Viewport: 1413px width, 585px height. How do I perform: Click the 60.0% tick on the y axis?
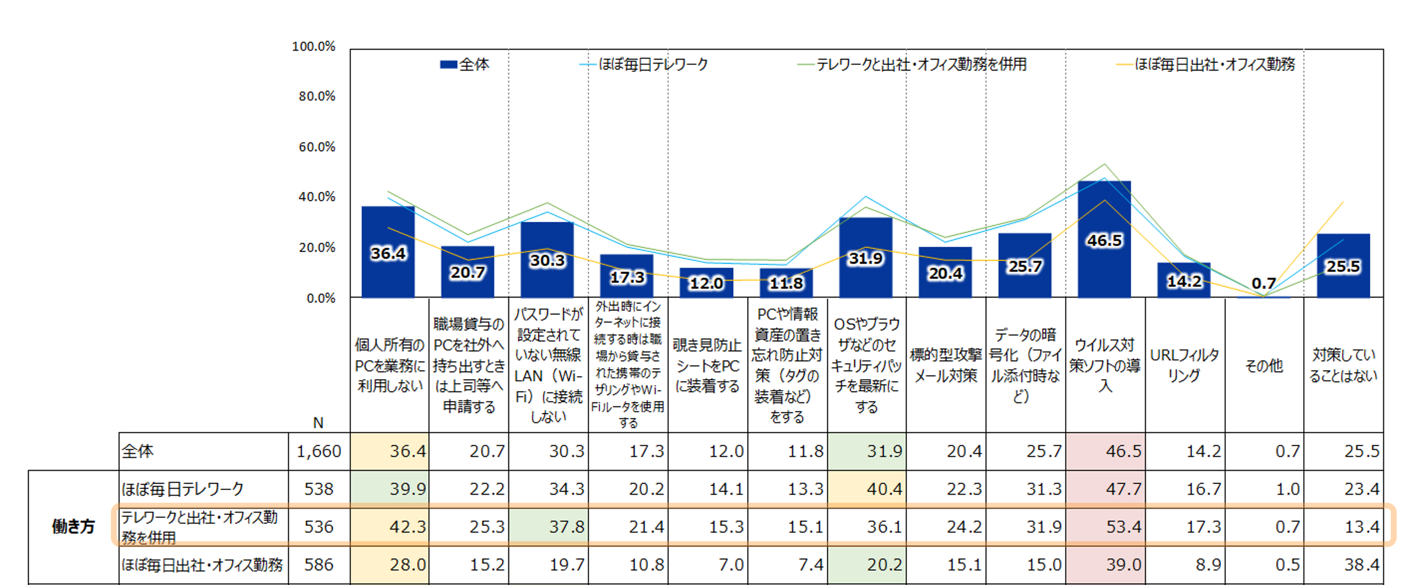[317, 147]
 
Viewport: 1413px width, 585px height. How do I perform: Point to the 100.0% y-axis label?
[313, 47]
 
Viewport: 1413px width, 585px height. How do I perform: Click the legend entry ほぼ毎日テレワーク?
[653, 64]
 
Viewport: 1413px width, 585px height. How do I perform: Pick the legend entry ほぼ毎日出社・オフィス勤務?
[1214, 64]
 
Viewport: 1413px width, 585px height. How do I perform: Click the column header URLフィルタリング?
[1184, 365]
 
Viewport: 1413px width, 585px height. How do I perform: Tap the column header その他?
[1264, 366]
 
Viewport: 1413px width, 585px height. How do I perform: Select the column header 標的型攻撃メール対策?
[946, 365]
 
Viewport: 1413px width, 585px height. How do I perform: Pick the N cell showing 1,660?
[319, 451]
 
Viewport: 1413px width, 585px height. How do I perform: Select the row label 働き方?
[73, 527]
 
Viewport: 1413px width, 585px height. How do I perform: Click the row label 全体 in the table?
[138, 451]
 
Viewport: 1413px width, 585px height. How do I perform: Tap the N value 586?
[319, 565]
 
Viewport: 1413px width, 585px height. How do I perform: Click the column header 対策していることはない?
[1343, 365]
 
